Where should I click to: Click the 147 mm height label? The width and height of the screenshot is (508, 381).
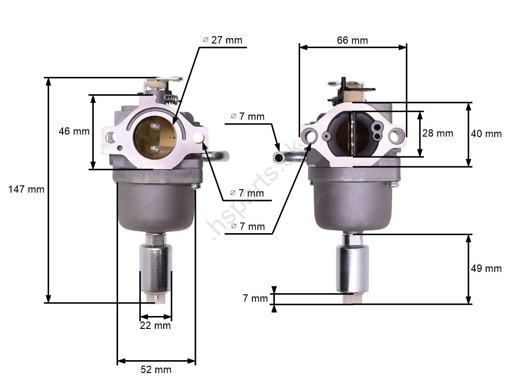pyautogui.click(x=26, y=189)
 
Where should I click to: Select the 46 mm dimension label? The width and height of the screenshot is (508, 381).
pyautogui.click(x=74, y=131)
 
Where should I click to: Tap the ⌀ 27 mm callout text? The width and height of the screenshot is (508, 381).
pyautogui.click(x=223, y=40)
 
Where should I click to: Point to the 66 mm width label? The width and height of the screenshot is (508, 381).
pyautogui.click(x=353, y=40)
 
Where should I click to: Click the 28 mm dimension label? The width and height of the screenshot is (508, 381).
pyautogui.click(x=438, y=133)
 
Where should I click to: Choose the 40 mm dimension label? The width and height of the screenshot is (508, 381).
pyautogui.click(x=486, y=133)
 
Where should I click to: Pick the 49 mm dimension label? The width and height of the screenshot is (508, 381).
pyautogui.click(x=486, y=268)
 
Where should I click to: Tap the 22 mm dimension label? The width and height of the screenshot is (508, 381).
pyautogui.click(x=155, y=325)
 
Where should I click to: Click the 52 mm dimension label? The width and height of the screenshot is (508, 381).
pyautogui.click(x=156, y=369)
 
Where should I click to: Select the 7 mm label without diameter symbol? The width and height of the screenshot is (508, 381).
pyautogui.click(x=255, y=298)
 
